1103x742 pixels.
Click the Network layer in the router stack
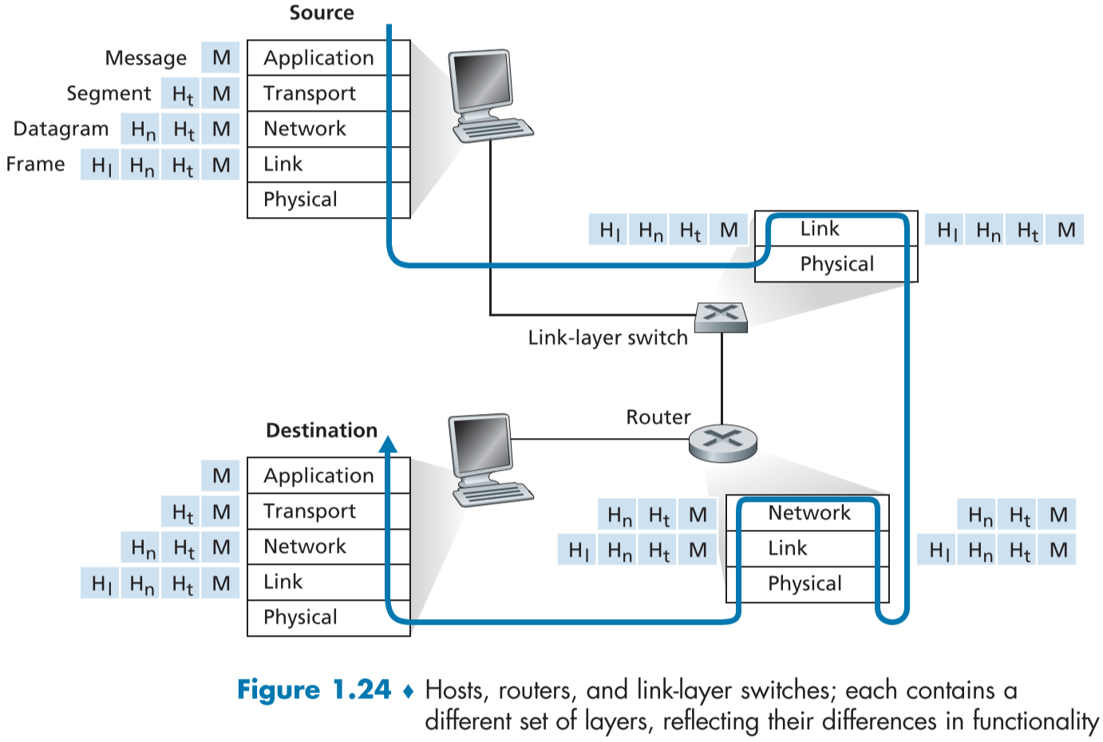click(x=808, y=513)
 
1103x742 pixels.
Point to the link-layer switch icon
click(x=721, y=317)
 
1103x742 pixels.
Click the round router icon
click(x=722, y=442)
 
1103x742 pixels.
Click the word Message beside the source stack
click(x=146, y=58)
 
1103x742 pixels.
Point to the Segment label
click(x=109, y=93)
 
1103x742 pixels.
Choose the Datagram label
click(x=61, y=129)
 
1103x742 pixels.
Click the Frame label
click(x=36, y=164)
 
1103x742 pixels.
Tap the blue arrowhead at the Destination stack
click(x=389, y=444)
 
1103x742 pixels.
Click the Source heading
click(x=322, y=13)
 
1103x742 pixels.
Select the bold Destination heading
click(x=322, y=431)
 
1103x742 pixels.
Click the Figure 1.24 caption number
click(x=314, y=690)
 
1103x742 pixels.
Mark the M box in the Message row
click(x=221, y=58)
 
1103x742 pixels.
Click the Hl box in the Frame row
click(x=101, y=165)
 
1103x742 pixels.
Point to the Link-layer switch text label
click(x=607, y=338)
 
